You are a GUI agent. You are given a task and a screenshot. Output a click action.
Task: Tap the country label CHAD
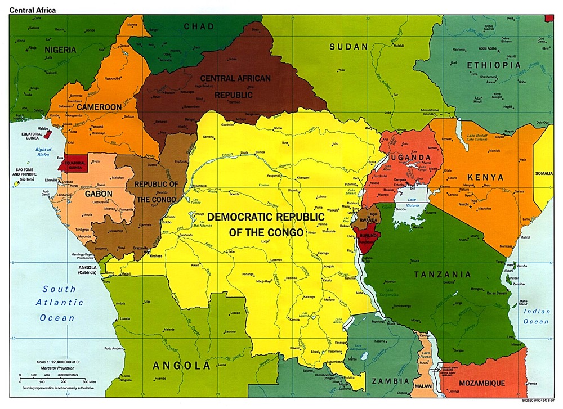[x=199, y=26]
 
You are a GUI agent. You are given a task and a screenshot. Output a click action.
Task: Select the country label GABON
[x=99, y=194]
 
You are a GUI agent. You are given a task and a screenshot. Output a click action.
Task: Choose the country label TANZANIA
[x=442, y=275]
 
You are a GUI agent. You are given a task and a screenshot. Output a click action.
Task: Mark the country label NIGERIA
[x=60, y=50]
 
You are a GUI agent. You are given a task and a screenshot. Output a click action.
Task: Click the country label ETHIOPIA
[x=494, y=65]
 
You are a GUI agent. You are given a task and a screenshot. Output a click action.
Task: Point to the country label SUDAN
[x=348, y=46]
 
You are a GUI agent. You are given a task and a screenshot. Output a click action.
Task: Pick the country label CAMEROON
[x=99, y=107]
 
